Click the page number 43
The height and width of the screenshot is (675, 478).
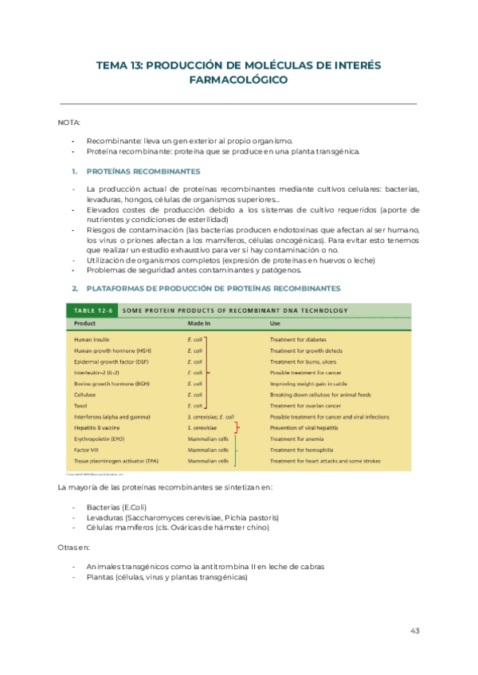(x=414, y=630)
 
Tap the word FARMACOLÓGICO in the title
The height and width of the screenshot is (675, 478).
(x=238, y=80)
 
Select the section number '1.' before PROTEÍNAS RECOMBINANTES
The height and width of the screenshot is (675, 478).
(x=74, y=171)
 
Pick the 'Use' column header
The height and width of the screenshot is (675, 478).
(x=275, y=324)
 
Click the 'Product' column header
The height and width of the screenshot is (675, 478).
(x=85, y=324)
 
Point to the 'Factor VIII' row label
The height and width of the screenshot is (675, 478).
(x=87, y=450)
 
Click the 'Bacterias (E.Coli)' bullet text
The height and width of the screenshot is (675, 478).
(x=116, y=507)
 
